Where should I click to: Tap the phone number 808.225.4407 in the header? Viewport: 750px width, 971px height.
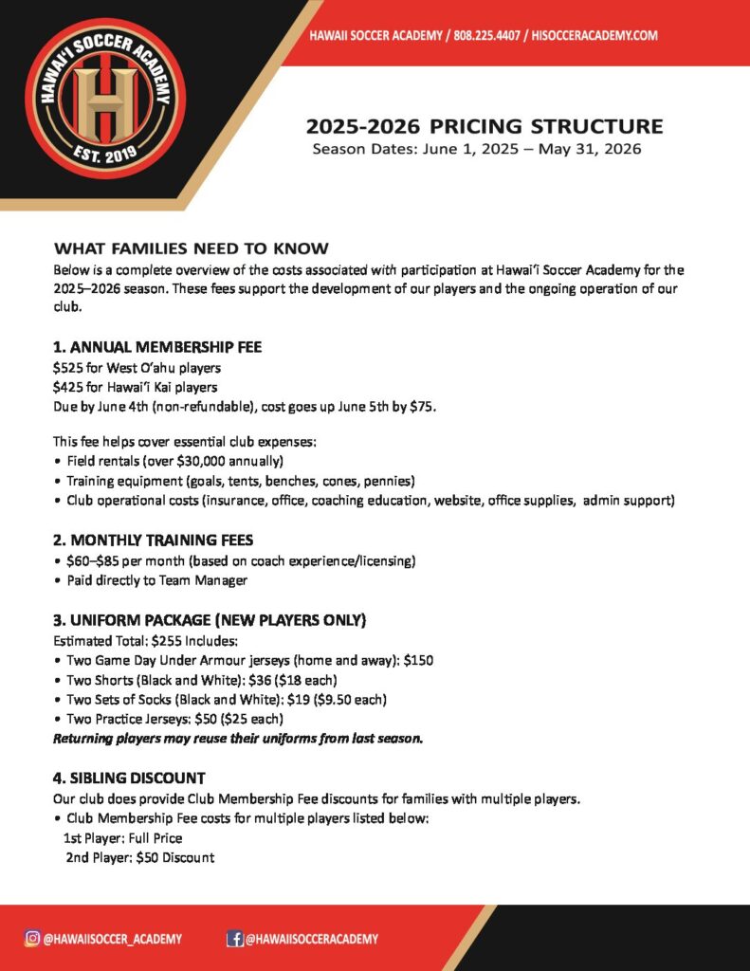492,35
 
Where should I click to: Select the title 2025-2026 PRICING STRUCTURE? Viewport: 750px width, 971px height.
485,126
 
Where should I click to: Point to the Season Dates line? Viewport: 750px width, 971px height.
477,149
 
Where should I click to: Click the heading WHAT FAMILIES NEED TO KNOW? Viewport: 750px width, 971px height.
192,248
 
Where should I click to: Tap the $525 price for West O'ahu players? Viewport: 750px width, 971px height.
68,367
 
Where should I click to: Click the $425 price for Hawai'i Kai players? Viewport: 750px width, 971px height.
68,387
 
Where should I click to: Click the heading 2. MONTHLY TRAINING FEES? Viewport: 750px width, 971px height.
153,540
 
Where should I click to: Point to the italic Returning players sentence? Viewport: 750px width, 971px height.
237,738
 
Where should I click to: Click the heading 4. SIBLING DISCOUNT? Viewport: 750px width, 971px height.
129,778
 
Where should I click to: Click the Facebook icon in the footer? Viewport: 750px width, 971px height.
234,939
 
